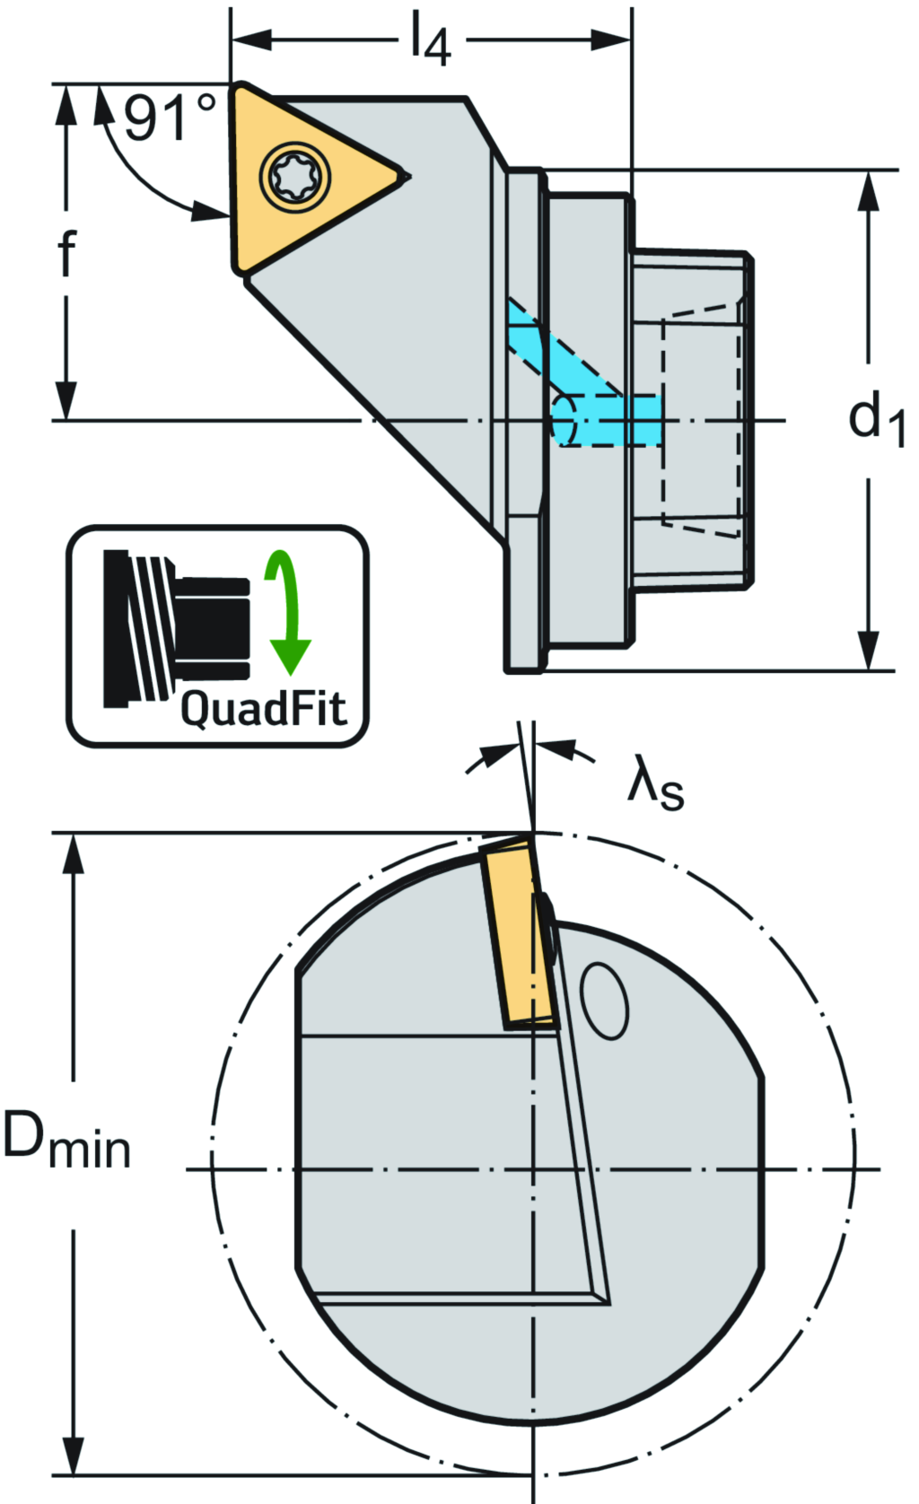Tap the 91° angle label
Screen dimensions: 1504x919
[x=170, y=118]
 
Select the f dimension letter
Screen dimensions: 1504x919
[x=66, y=253]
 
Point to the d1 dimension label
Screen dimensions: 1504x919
[x=875, y=418]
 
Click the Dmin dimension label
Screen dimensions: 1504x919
[x=67, y=1141]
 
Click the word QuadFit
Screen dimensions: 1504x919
[x=263, y=709]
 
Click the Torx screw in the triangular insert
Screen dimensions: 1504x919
[x=295, y=174]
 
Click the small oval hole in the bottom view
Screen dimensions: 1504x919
[x=605, y=1001]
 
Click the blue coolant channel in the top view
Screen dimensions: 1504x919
[x=583, y=386]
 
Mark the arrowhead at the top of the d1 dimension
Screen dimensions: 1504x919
[x=868, y=188]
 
